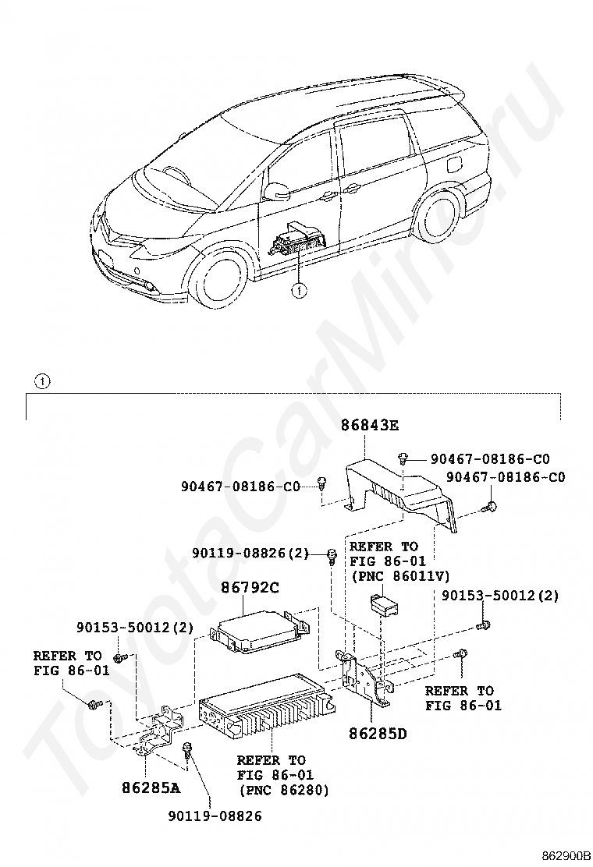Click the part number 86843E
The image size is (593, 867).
tap(369, 426)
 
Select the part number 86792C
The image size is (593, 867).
tap(250, 589)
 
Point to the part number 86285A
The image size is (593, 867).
tap(151, 787)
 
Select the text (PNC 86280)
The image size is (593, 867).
tap(282, 791)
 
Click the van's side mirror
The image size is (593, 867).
tap(275, 190)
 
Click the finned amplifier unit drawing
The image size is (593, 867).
tap(265, 705)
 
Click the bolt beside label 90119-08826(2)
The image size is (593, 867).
tap(332, 556)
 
